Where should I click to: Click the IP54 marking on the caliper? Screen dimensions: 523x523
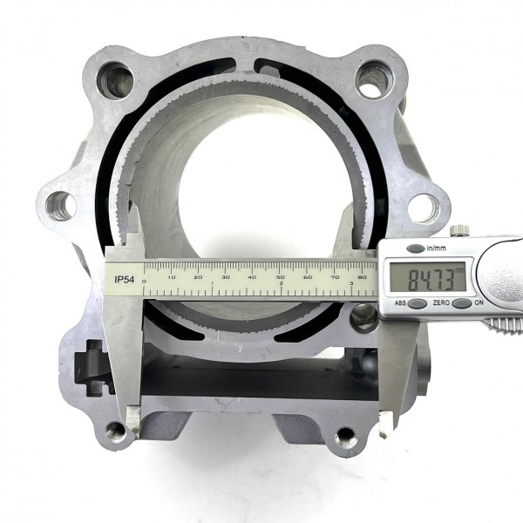[x=124, y=280]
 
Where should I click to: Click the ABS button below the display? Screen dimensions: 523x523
[x=418, y=303]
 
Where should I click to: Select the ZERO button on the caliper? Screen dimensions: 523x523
[x=462, y=303]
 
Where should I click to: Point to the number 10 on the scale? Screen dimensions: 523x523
[x=172, y=277]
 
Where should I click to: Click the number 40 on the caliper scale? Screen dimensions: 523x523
[x=253, y=277]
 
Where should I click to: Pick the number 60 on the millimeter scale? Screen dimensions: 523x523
[x=308, y=277]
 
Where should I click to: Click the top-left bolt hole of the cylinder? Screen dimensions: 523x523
[x=115, y=81]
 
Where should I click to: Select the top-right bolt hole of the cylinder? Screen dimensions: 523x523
[x=372, y=79]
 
